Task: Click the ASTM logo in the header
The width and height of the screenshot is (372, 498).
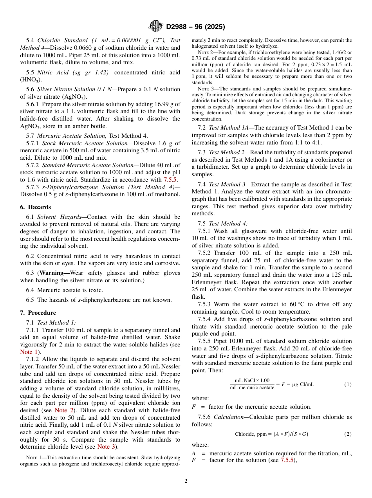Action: coord(156,26)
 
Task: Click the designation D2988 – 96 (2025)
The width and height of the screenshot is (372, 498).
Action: coord(195,27)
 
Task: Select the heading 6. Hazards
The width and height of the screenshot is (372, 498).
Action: coord(35,207)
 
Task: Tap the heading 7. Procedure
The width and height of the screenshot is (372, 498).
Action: coord(38,313)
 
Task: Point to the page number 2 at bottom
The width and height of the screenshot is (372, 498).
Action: coord(186,481)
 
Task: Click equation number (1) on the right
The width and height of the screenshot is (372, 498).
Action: coord(348,384)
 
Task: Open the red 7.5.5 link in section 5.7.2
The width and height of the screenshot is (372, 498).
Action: coord(170,180)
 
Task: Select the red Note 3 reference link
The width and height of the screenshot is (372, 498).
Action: coord(106,447)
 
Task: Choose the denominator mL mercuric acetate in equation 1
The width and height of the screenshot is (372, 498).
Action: coord(252,388)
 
